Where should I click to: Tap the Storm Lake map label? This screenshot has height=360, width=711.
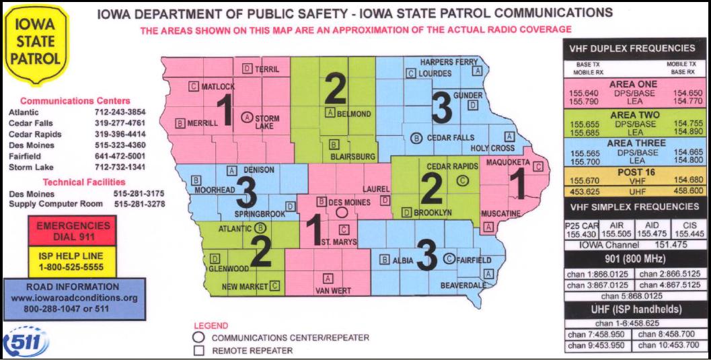pyautogui.click(x=267, y=122)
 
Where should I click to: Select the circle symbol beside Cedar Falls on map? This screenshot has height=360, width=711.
pyautogui.click(x=415, y=138)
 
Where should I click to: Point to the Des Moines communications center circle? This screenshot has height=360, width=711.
pyautogui.click(x=342, y=211)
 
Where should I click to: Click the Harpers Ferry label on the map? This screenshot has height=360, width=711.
pyautogui.click(x=449, y=62)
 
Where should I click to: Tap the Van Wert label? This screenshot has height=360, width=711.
pyautogui.click(x=329, y=291)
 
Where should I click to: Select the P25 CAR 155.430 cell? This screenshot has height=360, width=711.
pyautogui.click(x=581, y=229)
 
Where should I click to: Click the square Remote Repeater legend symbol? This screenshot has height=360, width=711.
pyautogui.click(x=198, y=351)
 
